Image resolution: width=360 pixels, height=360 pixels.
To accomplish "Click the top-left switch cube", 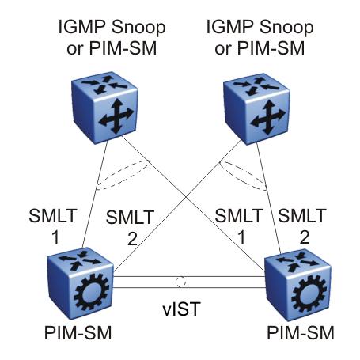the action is pos(104,108).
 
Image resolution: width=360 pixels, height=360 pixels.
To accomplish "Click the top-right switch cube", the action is pos(256,109).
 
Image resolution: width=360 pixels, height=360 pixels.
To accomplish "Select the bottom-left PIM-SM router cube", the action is pos(80,283).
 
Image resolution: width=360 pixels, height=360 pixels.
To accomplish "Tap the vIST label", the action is pos(181,309).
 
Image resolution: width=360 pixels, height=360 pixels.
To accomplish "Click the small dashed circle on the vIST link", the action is pos(180,282).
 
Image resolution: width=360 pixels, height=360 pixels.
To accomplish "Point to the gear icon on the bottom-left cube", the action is pos(92,292).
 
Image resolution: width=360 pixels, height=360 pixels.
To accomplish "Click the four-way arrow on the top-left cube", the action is pos(116,116).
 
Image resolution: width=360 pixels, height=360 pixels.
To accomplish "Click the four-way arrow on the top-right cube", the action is pos(268,117).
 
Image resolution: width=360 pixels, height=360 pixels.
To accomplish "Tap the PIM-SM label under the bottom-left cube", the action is pos(78,332).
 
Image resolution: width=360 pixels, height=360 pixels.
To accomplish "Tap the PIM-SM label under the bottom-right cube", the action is pos(301,332).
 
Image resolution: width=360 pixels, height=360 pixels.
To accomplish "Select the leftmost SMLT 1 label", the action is pos(53,226).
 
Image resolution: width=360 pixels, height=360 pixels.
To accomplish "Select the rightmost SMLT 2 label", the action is pos(302,226).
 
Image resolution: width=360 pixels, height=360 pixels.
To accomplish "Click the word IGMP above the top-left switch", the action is pos(81,27).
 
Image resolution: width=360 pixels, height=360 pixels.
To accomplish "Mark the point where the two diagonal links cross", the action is pos(186,197).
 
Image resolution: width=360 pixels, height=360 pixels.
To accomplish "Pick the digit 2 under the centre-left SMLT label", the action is pos(132,239).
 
